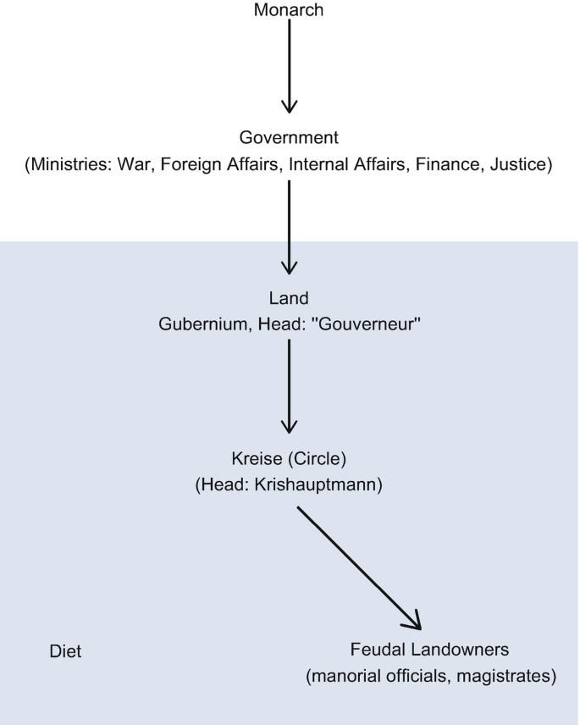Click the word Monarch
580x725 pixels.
click(x=289, y=9)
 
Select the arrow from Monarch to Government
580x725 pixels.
click(x=290, y=66)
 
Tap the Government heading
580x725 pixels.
click(x=289, y=137)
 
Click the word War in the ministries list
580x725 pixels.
click(x=135, y=164)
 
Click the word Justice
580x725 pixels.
click(x=518, y=164)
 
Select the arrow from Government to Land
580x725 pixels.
click(x=290, y=228)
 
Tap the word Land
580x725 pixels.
click(x=289, y=298)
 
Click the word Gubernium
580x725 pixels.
click(x=205, y=324)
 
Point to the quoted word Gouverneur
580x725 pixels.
click(x=367, y=324)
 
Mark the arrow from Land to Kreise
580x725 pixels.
click(x=290, y=386)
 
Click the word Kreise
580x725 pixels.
click(x=257, y=459)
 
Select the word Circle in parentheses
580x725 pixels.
click(x=317, y=459)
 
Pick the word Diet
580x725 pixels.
click(x=66, y=651)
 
